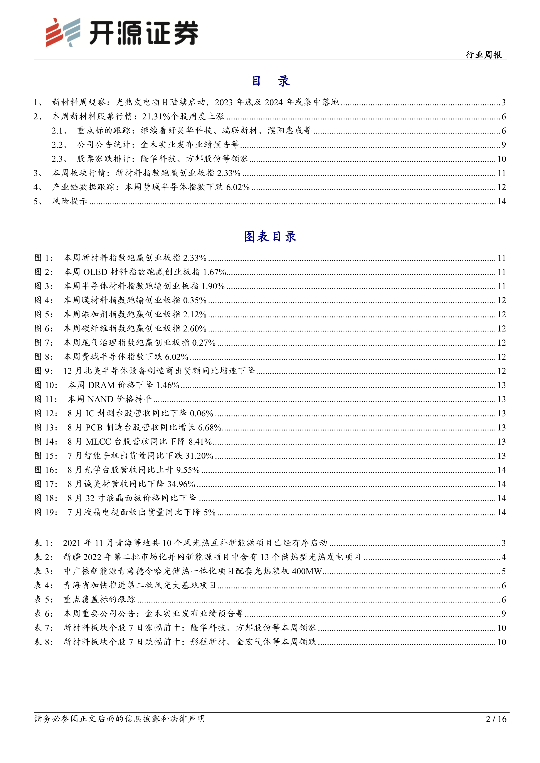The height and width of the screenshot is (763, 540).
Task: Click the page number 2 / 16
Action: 496,719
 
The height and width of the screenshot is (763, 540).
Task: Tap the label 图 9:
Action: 44,371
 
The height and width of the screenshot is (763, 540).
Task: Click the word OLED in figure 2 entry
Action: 95,272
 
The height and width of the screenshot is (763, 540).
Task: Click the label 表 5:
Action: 44,599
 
